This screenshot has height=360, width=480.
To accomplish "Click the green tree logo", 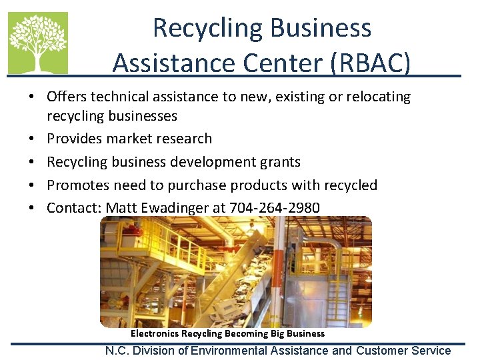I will coord(37,43).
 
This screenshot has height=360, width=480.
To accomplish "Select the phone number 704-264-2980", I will coord(275,208).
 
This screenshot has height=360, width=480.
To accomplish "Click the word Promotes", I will coord(78,185).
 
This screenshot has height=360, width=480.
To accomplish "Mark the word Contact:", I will coord(74,208).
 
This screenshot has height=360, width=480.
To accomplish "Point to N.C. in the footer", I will coord(119,351).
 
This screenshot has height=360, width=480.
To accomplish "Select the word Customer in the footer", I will coord(385,351).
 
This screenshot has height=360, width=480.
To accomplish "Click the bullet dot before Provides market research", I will coord(32,139).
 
